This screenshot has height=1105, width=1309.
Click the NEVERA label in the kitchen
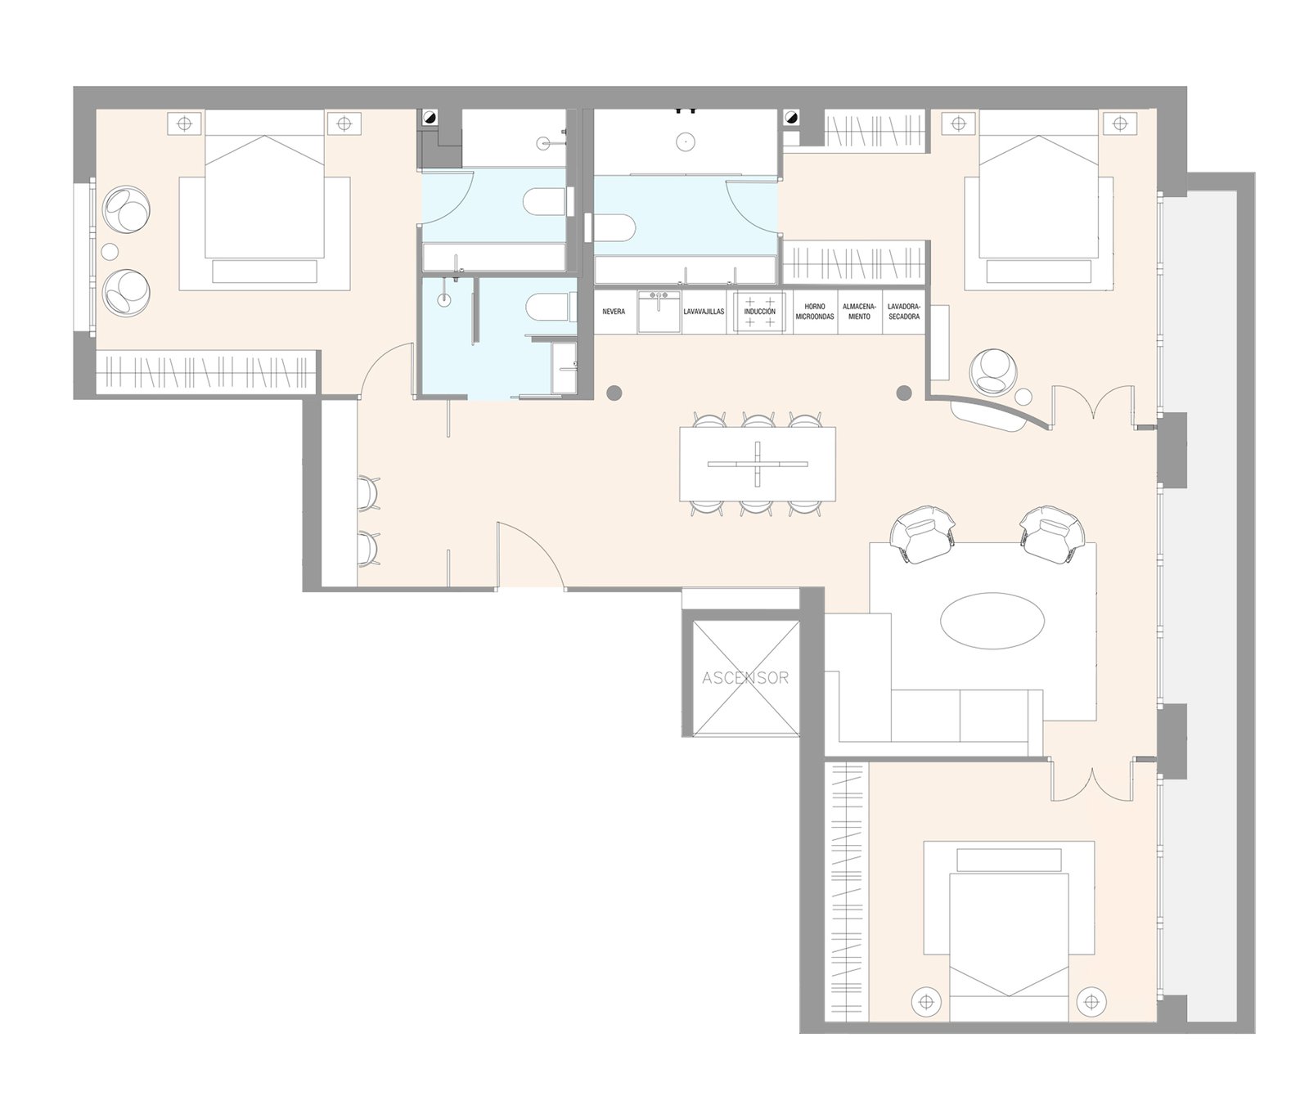(614, 312)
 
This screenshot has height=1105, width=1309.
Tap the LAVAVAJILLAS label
(704, 312)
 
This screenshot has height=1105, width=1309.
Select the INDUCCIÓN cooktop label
(759, 312)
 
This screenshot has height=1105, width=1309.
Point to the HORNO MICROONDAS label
(815, 312)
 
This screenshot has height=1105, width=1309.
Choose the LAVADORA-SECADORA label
(903, 312)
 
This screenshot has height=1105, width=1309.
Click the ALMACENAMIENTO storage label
(859, 312)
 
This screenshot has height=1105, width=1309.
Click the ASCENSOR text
(745, 678)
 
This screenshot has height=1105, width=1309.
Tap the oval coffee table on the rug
(993, 621)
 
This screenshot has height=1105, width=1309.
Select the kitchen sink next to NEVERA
(659, 312)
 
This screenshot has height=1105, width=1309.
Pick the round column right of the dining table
(904, 393)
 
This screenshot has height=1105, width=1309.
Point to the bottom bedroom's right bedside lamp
(1090, 999)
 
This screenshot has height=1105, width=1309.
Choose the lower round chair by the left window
(128, 292)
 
